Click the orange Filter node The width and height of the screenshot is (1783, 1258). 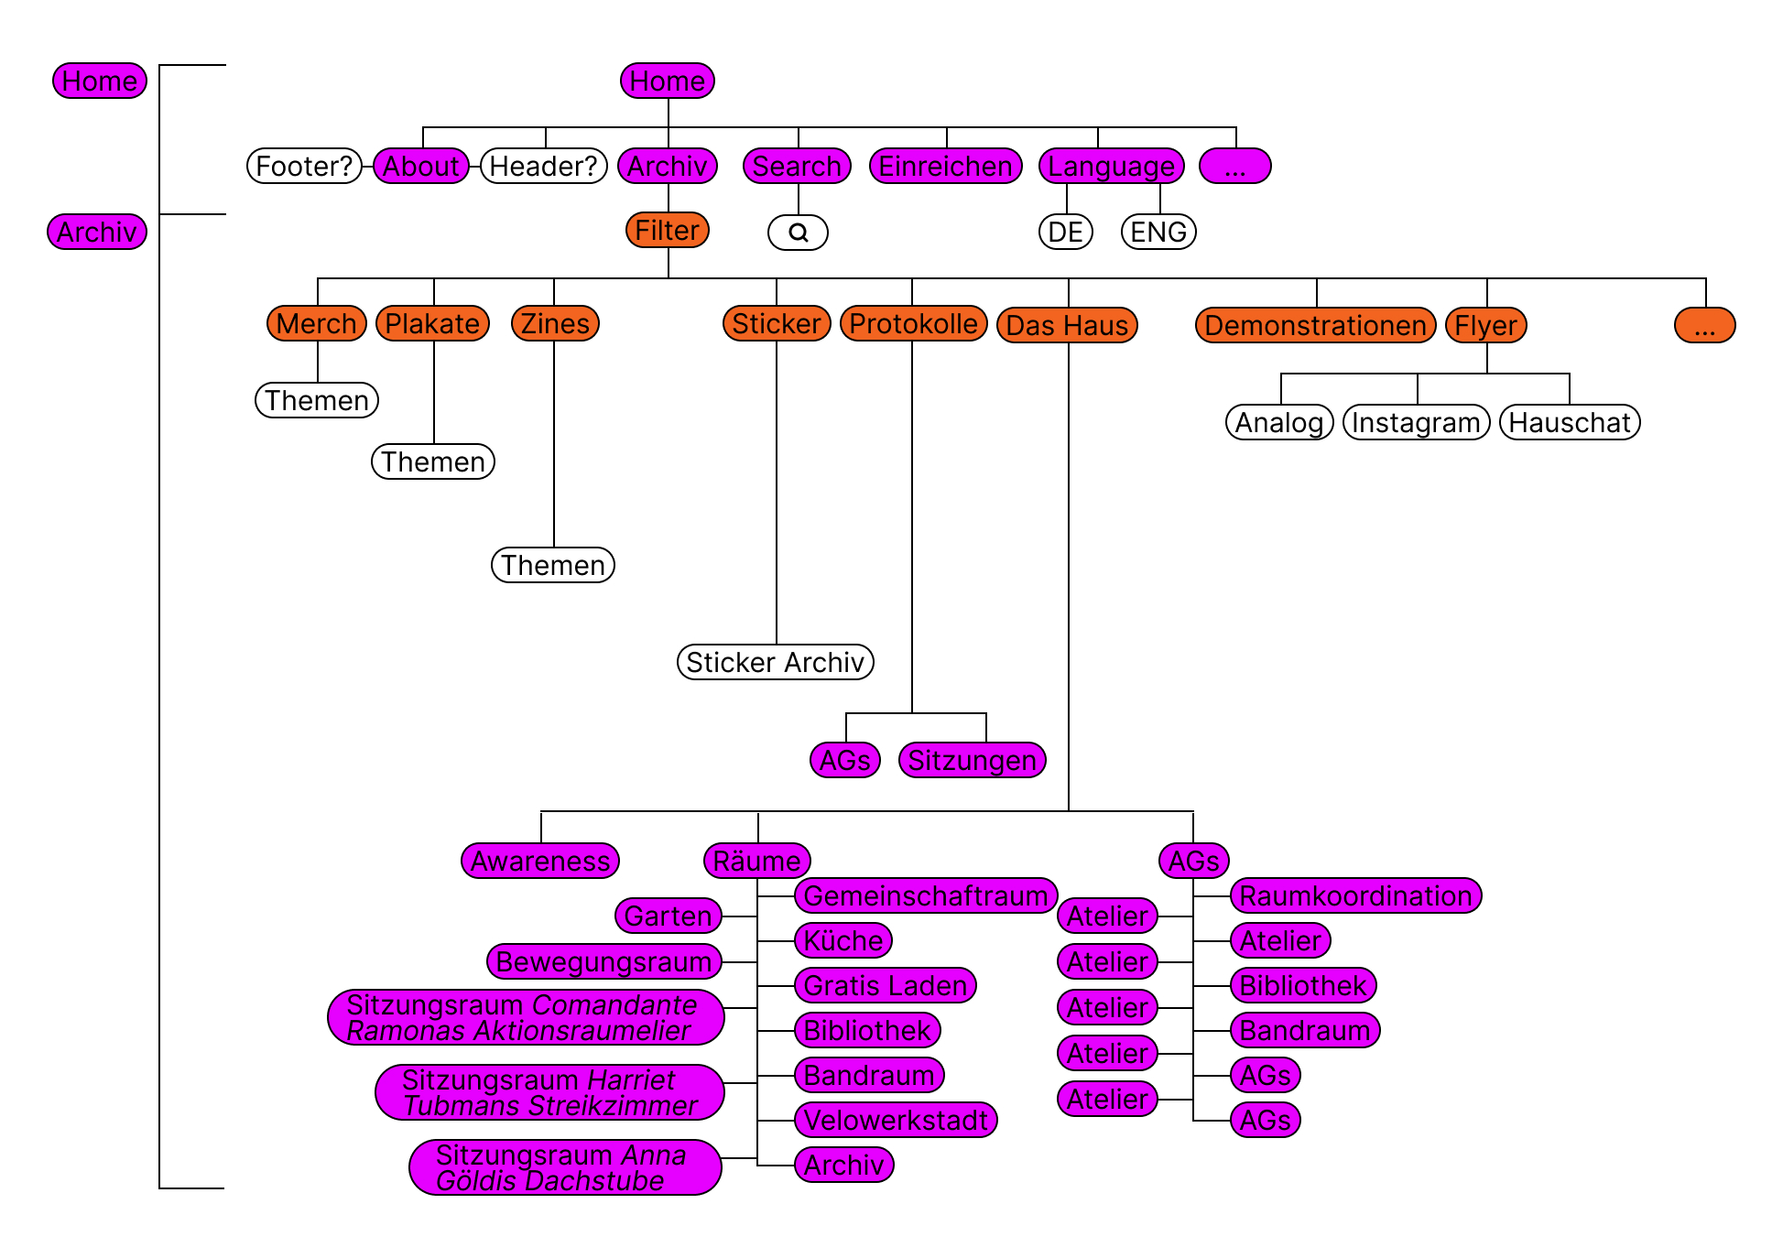[x=667, y=230]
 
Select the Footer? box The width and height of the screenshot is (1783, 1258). [x=304, y=166]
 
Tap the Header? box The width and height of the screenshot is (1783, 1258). [x=544, y=166]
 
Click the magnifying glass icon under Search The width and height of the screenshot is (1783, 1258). [x=798, y=233]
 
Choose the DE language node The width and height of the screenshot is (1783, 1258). [x=1066, y=232]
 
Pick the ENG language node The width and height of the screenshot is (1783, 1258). [x=1158, y=232]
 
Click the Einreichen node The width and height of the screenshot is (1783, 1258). [x=945, y=166]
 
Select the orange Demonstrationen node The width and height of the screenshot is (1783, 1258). [x=1315, y=325]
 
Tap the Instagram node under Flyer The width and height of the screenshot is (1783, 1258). [x=1416, y=422]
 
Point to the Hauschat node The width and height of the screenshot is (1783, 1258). [x=1570, y=422]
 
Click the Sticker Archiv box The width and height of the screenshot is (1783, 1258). [x=775, y=662]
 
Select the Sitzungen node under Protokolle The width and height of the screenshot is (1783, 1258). [x=972, y=760]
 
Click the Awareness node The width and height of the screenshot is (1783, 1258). [x=540, y=861]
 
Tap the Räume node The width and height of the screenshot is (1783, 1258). [x=756, y=861]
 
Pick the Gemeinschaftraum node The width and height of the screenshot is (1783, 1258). [x=925, y=895]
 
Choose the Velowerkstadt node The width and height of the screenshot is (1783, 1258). [x=896, y=1120]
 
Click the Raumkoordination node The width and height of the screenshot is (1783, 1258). [x=1355, y=895]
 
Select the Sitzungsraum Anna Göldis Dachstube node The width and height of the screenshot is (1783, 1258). [x=564, y=1167]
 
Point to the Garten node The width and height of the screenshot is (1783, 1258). [x=668, y=916]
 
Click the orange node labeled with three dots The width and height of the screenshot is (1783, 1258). [x=1704, y=325]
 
